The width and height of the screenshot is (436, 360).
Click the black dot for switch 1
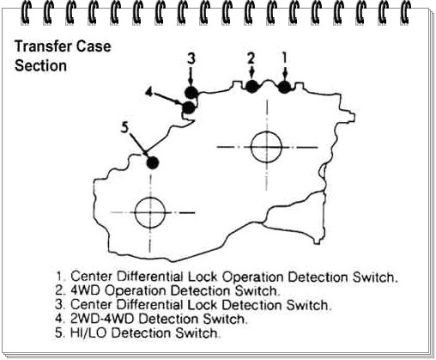click(284, 87)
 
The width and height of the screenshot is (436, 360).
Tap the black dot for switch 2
click(251, 87)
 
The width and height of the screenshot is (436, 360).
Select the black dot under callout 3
click(191, 93)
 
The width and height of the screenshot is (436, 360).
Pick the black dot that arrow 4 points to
click(189, 108)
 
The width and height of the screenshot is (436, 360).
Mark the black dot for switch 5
click(153, 162)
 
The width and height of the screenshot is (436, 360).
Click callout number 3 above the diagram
click(191, 58)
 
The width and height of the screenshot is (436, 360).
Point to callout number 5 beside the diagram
click(124, 127)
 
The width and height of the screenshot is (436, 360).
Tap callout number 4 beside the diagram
click(148, 92)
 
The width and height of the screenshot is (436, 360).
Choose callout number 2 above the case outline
click(251, 58)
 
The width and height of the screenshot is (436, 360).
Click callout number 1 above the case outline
click(284, 58)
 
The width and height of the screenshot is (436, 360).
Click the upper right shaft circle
click(267, 147)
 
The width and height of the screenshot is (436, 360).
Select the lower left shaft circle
click(150, 212)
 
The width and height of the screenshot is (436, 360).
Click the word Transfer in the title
click(43, 46)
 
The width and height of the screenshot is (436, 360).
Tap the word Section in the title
click(40, 65)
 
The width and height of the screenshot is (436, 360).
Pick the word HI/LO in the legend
click(88, 333)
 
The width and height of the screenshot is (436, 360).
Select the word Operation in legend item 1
click(253, 278)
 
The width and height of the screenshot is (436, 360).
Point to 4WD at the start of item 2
click(86, 290)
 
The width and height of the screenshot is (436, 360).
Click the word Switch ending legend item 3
click(307, 305)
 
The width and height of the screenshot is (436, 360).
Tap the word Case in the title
click(94, 46)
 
